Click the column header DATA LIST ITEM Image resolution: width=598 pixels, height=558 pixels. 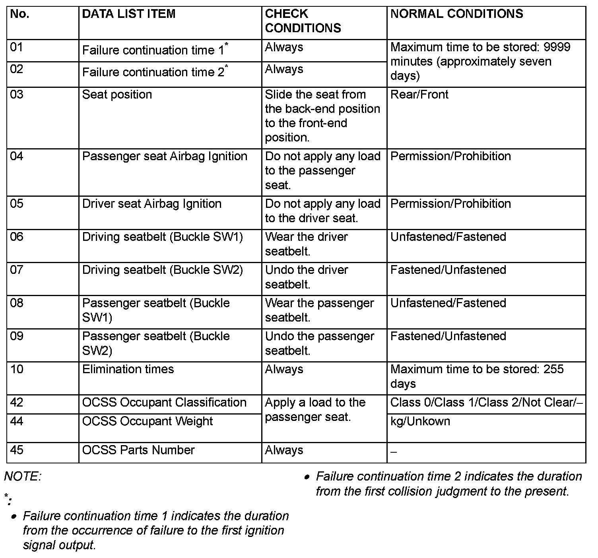coord(128,14)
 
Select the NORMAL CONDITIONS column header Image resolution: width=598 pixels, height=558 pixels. coord(456,14)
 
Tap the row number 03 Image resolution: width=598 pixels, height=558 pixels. coord(17,95)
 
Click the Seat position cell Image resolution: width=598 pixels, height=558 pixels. coord(117,95)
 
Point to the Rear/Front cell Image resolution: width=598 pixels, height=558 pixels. coord(419,95)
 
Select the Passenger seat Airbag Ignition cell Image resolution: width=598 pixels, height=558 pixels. coord(165,156)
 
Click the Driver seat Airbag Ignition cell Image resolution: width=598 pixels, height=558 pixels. coord(151,204)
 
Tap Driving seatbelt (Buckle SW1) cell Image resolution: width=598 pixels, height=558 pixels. coord(162,237)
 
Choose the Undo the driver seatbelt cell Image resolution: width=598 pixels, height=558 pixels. coord(306,277)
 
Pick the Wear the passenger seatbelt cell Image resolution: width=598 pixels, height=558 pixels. coord(319,310)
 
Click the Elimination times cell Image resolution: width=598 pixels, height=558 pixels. coord(128,369)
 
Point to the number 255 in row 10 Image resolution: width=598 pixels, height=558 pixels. coord(553,369)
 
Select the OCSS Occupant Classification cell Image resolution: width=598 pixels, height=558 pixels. coord(164,403)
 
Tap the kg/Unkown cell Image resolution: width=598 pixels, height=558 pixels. coord(420,421)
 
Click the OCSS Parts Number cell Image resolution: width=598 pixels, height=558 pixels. coord(138,450)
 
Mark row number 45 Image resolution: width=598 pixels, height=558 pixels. coord(17,450)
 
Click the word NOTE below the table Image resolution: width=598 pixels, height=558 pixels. coord(22,477)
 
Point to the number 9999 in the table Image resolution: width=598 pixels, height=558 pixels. coord(557,47)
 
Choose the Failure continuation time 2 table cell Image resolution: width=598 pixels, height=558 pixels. coord(153,72)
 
